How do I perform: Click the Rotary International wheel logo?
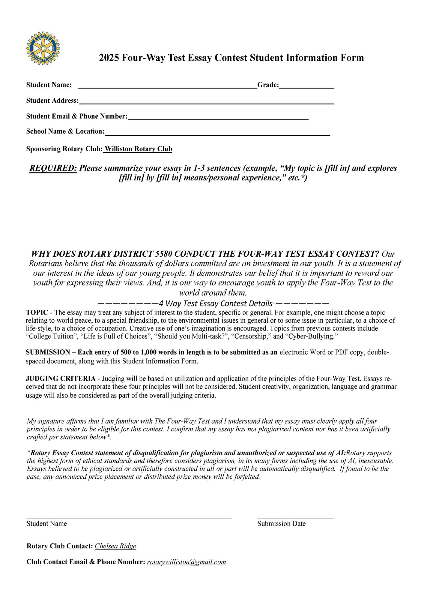(43, 48)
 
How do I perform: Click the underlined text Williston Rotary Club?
(138, 149)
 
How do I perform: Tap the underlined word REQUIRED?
(53, 168)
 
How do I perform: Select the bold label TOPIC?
(37, 312)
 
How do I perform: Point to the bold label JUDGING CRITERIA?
(61, 379)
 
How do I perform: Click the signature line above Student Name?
(129, 518)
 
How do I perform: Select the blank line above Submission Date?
(295, 518)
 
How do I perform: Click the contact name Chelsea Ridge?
(115, 546)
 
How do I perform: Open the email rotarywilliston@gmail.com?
(186, 562)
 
